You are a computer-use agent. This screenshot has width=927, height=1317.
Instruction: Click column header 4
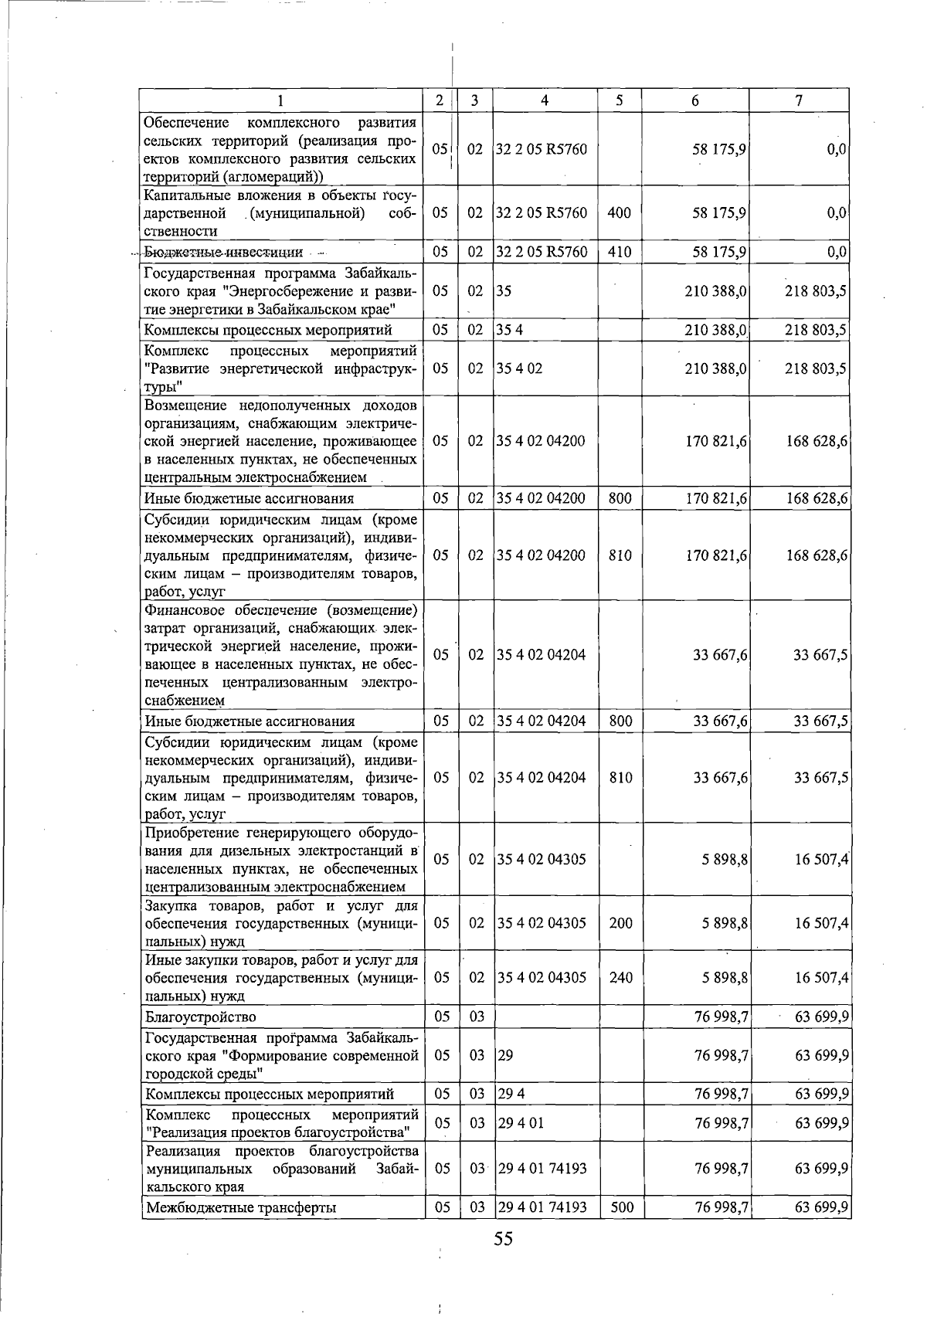coord(545,100)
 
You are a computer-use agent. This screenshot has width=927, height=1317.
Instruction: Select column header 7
coord(799,100)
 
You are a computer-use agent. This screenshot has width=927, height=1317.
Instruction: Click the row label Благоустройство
coord(201,1017)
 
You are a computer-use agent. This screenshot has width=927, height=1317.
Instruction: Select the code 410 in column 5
coord(620,252)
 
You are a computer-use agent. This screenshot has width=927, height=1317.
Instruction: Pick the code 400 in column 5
coord(620,212)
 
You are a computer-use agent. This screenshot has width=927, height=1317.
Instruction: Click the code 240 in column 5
coord(620,978)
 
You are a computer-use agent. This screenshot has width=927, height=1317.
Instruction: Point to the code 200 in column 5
coord(620,923)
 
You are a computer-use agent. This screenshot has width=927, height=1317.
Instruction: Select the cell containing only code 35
coord(504,291)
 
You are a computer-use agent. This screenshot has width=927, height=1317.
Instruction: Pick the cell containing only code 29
coord(505,1055)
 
